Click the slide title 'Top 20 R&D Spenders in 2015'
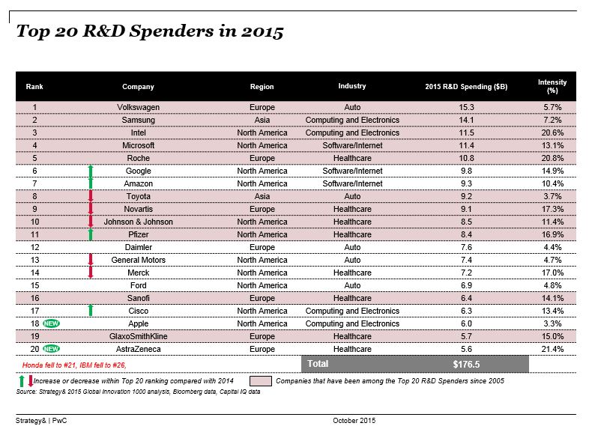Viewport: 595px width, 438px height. [150, 32]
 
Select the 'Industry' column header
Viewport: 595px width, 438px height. [351, 86]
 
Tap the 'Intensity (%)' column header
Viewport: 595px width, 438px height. [552, 86]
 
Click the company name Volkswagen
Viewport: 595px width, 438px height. [139, 107]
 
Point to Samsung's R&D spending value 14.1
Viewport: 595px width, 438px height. [467, 120]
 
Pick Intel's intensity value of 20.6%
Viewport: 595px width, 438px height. [552, 133]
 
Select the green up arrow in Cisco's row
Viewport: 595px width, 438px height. [91, 311]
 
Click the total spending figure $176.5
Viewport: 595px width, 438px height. [467, 364]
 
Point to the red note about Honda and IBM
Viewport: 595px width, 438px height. [72, 364]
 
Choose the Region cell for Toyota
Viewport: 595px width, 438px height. [262, 196]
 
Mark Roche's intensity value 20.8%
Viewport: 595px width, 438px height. [552, 158]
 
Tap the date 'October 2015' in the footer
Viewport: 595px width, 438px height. [354, 421]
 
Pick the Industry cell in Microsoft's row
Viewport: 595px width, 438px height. [352, 145]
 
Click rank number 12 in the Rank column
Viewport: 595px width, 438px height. [34, 247]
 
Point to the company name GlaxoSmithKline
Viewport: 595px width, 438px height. [139, 336]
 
